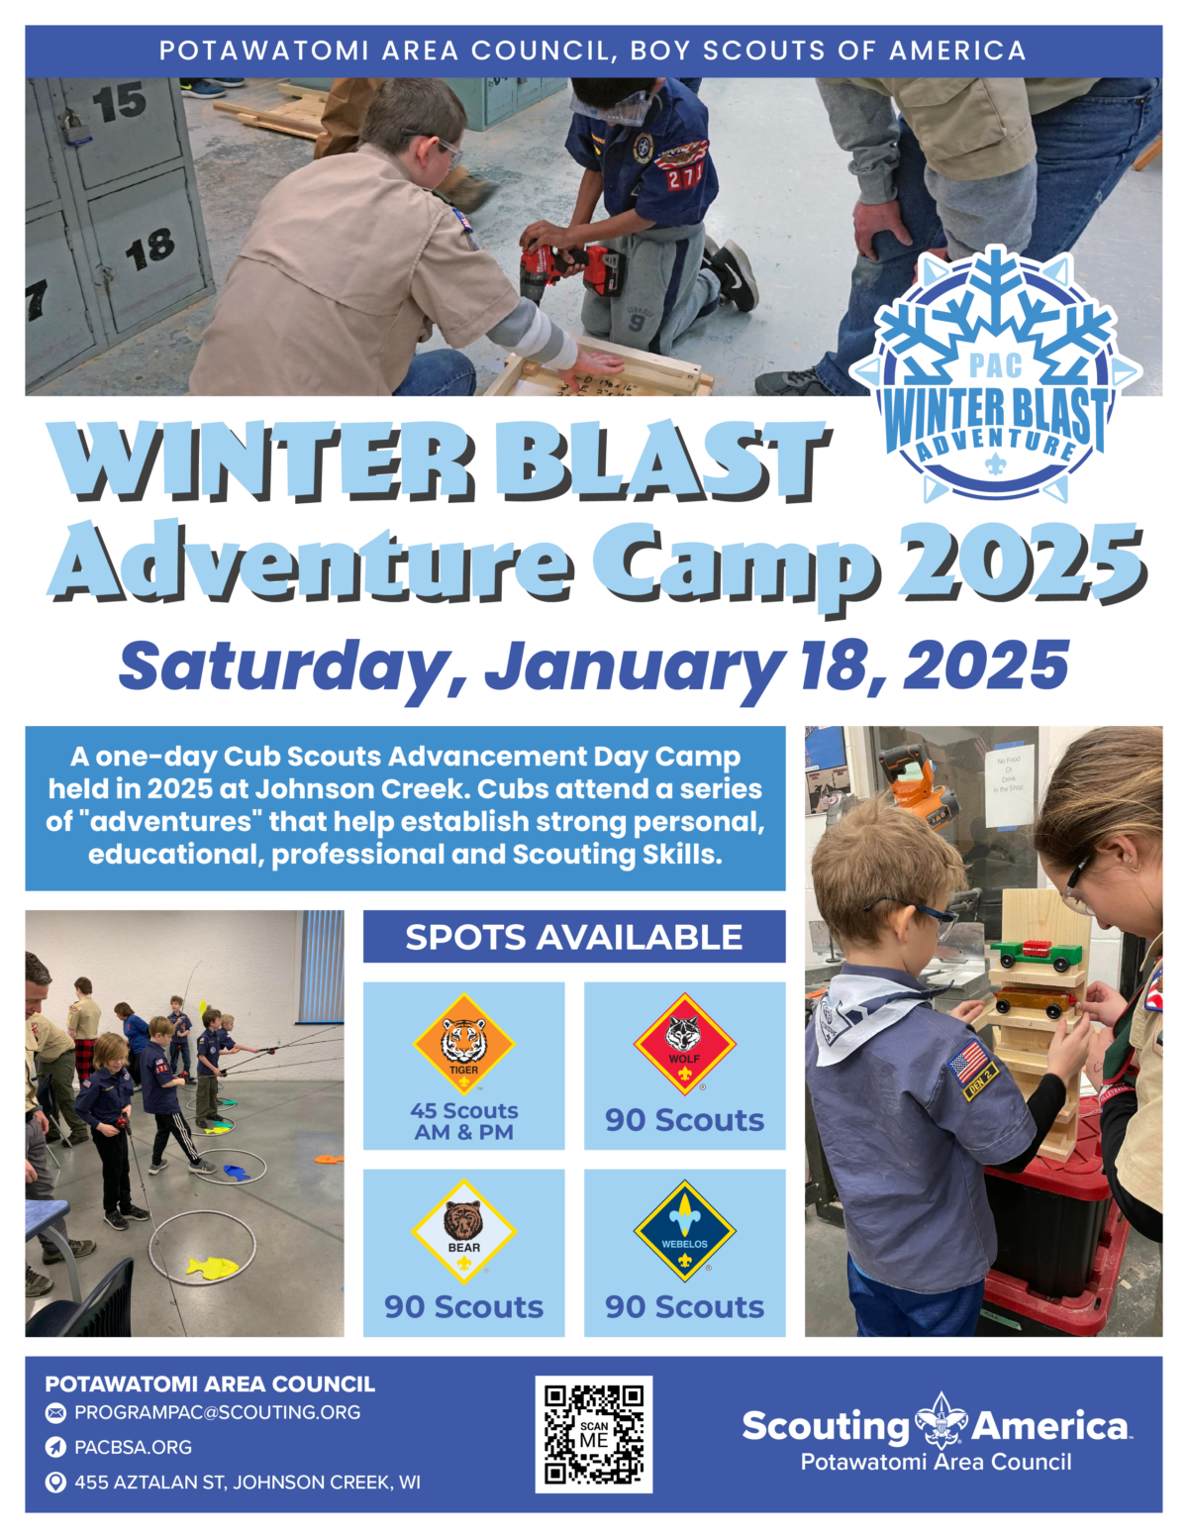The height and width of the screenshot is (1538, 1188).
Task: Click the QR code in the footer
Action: click(x=594, y=1434)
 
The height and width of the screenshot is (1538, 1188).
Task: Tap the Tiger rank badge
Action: click(x=464, y=1044)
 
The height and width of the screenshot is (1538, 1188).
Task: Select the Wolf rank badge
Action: click(x=684, y=1044)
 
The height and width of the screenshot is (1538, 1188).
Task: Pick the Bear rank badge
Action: click(x=464, y=1232)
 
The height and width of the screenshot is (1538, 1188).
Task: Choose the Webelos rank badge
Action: click(x=684, y=1232)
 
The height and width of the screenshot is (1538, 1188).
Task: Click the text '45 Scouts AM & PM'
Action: click(x=464, y=1121)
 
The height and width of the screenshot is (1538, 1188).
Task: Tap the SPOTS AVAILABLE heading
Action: click(x=574, y=937)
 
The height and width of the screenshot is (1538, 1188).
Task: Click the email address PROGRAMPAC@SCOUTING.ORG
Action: click(x=217, y=1412)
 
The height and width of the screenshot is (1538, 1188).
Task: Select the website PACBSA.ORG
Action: click(x=133, y=1447)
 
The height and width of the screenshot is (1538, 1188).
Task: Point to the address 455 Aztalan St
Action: click(x=247, y=1483)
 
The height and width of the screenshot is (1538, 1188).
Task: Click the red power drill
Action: click(x=570, y=269)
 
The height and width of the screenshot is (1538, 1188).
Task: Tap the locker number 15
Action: click(x=120, y=102)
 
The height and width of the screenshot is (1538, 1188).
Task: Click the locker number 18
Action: click(x=150, y=250)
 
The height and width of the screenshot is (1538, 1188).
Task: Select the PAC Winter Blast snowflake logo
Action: click(x=996, y=373)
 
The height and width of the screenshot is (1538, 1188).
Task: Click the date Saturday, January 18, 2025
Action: click(x=594, y=667)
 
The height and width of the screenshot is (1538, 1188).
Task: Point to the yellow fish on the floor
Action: click(x=212, y=1268)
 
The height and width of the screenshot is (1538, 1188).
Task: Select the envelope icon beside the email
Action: click(x=55, y=1413)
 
